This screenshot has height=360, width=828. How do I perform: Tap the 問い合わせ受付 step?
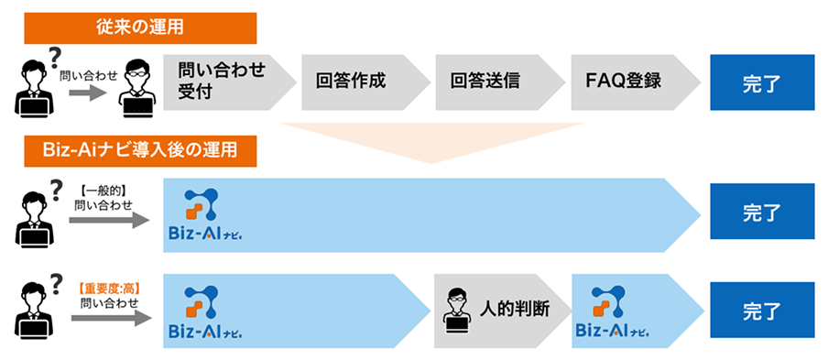coord(220,81)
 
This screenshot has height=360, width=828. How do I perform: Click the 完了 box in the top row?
coord(762,82)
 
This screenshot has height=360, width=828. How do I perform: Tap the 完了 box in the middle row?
coord(762,211)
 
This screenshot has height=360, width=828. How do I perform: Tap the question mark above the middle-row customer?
coord(56,180)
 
